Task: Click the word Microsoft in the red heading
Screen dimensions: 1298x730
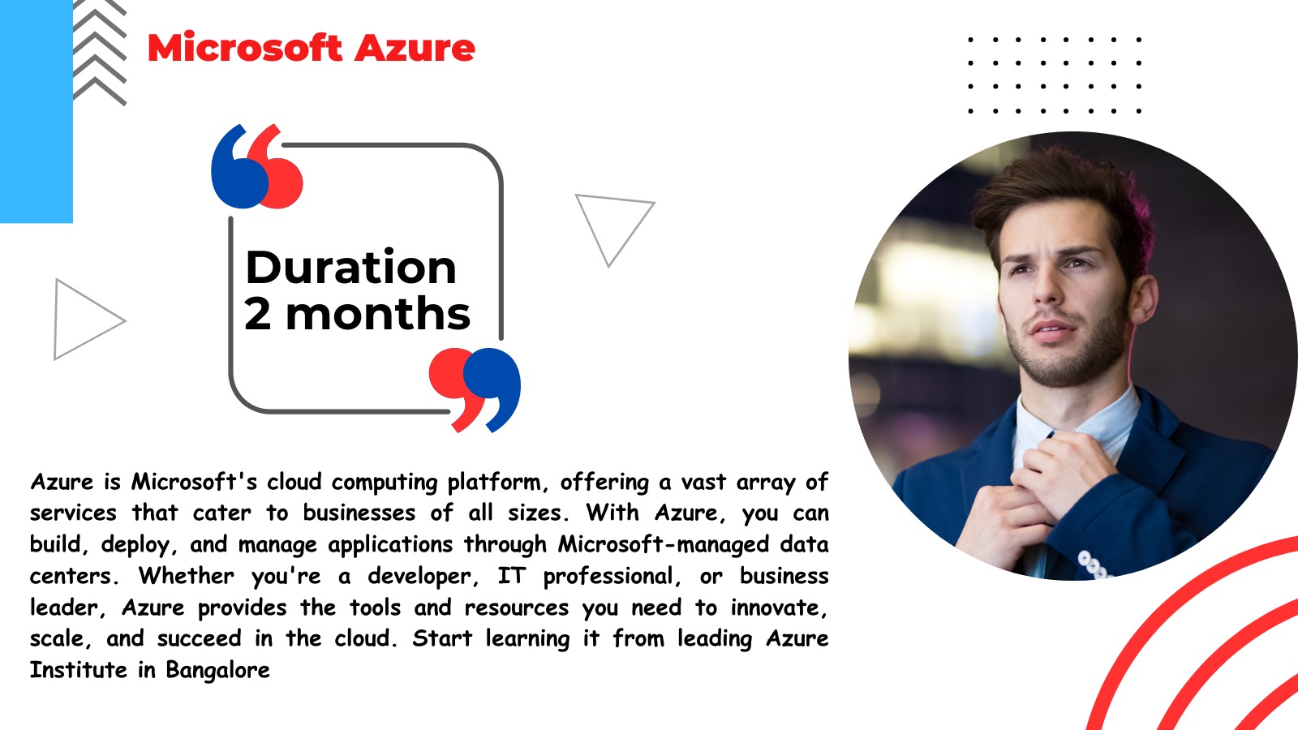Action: click(245, 48)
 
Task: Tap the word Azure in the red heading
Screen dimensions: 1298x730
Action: click(415, 48)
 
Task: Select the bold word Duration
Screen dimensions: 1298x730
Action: click(351, 267)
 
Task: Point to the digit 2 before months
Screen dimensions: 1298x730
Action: click(257, 313)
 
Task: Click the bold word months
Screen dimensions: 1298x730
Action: click(378, 314)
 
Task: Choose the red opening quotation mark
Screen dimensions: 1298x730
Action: click(276, 168)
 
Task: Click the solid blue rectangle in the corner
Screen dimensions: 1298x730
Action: click(37, 111)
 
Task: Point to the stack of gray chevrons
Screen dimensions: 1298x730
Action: click(100, 53)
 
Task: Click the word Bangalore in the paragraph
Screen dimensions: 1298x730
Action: click(218, 670)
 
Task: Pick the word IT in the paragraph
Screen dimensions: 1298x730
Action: click(512, 576)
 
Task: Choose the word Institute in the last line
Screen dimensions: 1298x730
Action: click(78, 670)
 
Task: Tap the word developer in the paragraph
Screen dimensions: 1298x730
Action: click(423, 577)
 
